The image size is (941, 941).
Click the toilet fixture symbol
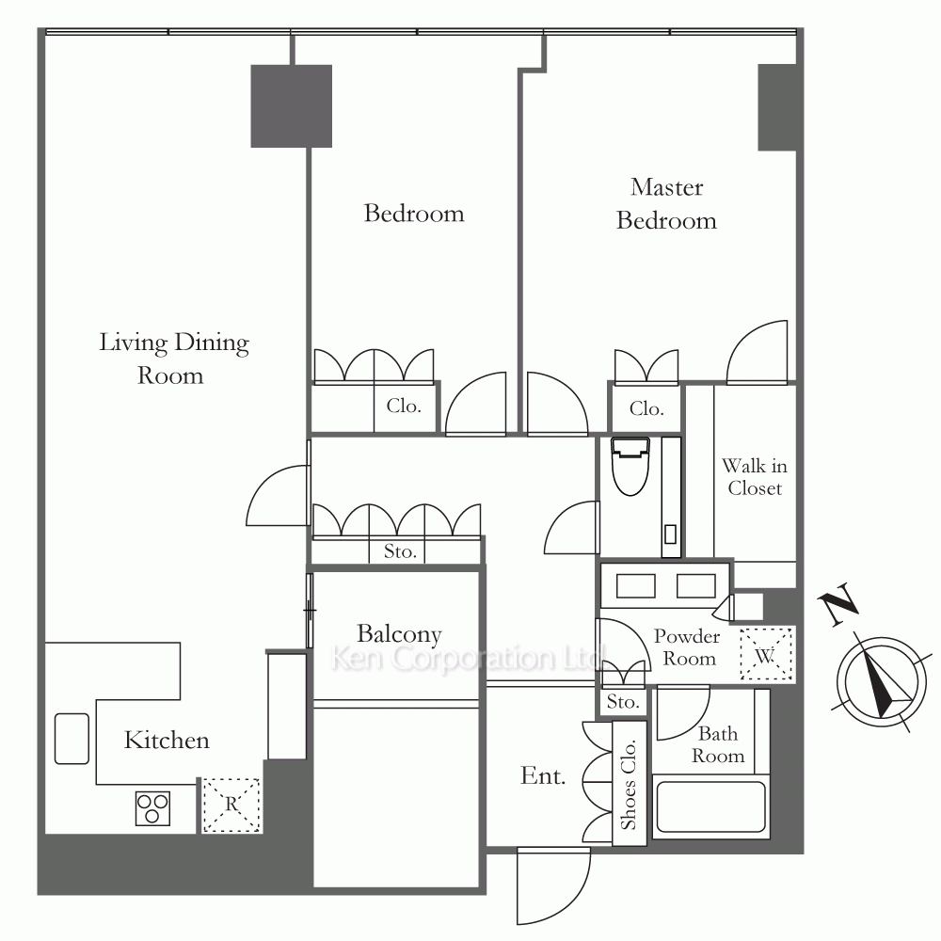click(630, 467)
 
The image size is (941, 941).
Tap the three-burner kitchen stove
click(152, 807)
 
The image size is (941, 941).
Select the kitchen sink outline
click(72, 738)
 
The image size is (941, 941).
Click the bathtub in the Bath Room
click(710, 806)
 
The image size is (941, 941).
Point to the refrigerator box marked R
click(231, 805)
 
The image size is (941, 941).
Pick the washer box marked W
click(766, 654)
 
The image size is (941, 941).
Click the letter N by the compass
click(838, 603)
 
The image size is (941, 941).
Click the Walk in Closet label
click(755, 476)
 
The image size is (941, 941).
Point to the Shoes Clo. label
click(629, 785)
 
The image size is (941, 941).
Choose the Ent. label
click(543, 776)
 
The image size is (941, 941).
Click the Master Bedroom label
click(666, 204)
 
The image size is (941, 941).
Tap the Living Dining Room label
click(173, 359)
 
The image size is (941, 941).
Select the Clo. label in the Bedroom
click(404, 407)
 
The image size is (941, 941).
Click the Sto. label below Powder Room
click(622, 702)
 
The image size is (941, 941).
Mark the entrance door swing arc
click(564, 901)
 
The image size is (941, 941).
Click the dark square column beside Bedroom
click(291, 106)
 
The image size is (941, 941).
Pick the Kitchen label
click(167, 740)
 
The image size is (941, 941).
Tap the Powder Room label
click(688, 647)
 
